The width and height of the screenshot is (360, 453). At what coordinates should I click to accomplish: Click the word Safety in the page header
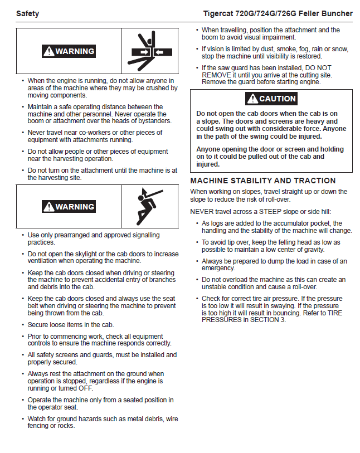click(28, 13)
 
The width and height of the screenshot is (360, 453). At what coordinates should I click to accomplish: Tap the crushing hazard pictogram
click(148, 51)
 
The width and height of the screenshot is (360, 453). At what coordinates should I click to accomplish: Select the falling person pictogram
click(148, 206)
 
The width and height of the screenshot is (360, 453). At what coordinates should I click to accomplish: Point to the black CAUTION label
click(271, 99)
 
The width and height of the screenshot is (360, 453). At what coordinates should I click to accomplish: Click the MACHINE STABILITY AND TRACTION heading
click(263, 181)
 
